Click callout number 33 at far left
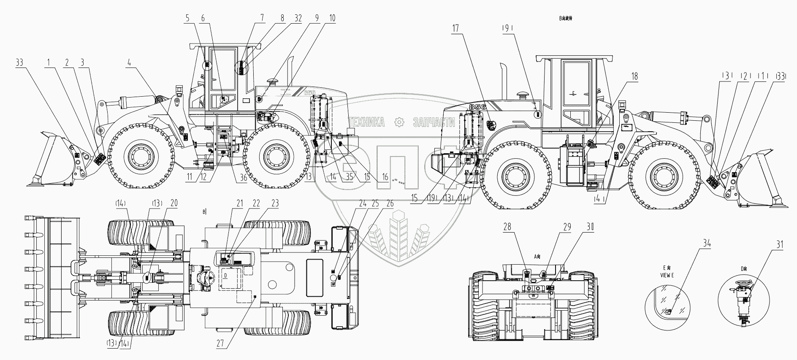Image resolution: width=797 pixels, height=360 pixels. pyautogui.click(x=19, y=63)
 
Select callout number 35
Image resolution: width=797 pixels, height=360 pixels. pyautogui.click(x=349, y=178)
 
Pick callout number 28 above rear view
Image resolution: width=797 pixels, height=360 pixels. pyautogui.click(x=507, y=227)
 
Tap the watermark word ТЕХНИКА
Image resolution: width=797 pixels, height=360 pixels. pyautogui.click(x=366, y=123)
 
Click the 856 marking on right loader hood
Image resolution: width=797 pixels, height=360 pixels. pyautogui.click(x=477, y=106)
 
